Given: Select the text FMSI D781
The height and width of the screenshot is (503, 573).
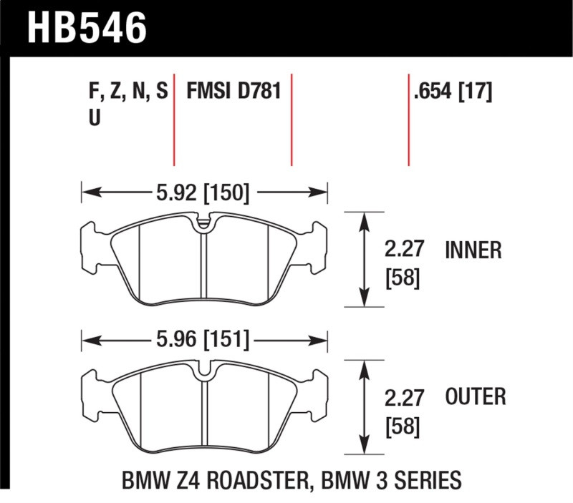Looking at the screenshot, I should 232,92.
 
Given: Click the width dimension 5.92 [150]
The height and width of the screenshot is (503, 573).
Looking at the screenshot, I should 202,192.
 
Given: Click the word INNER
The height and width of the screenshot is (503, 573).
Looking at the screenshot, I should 473,250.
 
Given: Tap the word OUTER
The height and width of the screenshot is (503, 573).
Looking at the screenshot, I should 476,396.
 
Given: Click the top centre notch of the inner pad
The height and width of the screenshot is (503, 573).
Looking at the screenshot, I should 204,224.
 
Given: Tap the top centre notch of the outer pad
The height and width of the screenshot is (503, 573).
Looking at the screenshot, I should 204,371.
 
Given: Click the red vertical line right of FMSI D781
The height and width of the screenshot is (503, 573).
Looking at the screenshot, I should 292,118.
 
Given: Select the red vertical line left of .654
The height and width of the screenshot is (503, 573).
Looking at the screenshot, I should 408,118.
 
